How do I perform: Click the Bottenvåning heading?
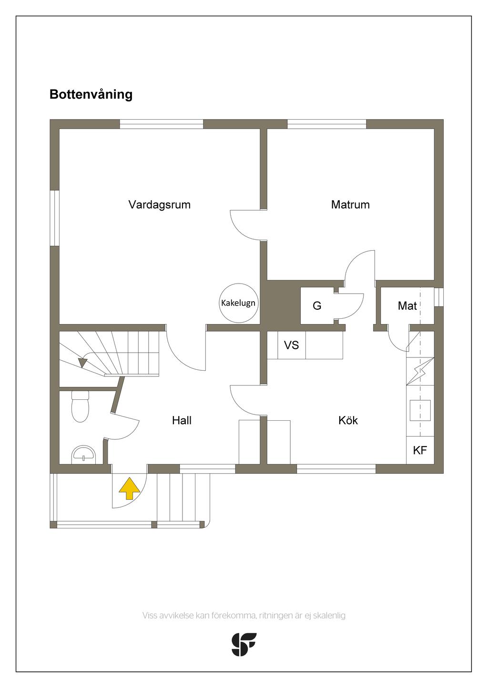91,94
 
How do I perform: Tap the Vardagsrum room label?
160,204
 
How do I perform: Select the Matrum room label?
350,204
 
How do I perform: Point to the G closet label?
317,305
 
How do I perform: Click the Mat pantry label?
407,305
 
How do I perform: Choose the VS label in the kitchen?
292,345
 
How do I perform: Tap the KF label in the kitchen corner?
420,450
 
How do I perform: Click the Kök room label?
348,420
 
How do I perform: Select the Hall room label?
182,420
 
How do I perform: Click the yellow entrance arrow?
130,488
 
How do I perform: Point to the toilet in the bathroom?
80,406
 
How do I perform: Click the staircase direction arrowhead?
82,363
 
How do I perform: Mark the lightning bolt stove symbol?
419,371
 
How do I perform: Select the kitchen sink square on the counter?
420,410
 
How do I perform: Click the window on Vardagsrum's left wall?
54,218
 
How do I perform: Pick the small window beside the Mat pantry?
439,297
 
